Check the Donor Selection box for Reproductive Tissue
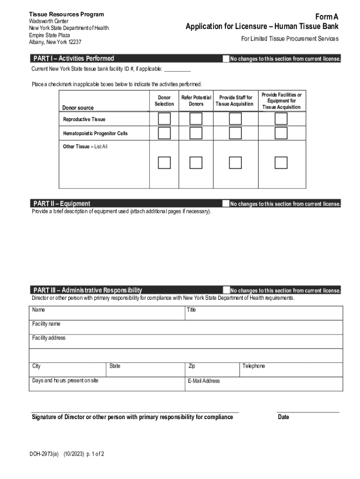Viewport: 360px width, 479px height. tap(164, 119)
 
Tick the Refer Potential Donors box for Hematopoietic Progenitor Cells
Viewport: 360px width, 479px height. tap(196, 133)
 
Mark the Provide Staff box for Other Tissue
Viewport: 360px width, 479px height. tap(235, 162)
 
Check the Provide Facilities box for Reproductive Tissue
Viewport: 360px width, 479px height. tap(281, 119)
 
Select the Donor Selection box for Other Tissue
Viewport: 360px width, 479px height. tap(164, 162)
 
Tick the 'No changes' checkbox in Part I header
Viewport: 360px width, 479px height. tap(226, 59)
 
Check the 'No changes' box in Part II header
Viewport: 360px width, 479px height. tap(226, 203)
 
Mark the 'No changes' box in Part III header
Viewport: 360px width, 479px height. tap(226, 290)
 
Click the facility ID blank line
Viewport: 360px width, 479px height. tap(177, 69)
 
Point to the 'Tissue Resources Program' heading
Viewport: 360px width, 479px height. tap(66, 15)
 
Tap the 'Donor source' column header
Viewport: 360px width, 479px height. tap(78, 108)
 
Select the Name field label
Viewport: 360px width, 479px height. tap(39, 310)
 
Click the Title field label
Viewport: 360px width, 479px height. tap(191, 310)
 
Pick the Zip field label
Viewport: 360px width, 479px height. tap(192, 366)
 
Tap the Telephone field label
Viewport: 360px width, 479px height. tap(254, 366)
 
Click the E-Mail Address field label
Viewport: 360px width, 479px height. tap(204, 381)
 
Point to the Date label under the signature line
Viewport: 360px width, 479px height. tap(283, 417)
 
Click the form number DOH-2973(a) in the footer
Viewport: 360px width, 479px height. tap(43, 453)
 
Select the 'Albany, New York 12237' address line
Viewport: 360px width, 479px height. tap(55, 42)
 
